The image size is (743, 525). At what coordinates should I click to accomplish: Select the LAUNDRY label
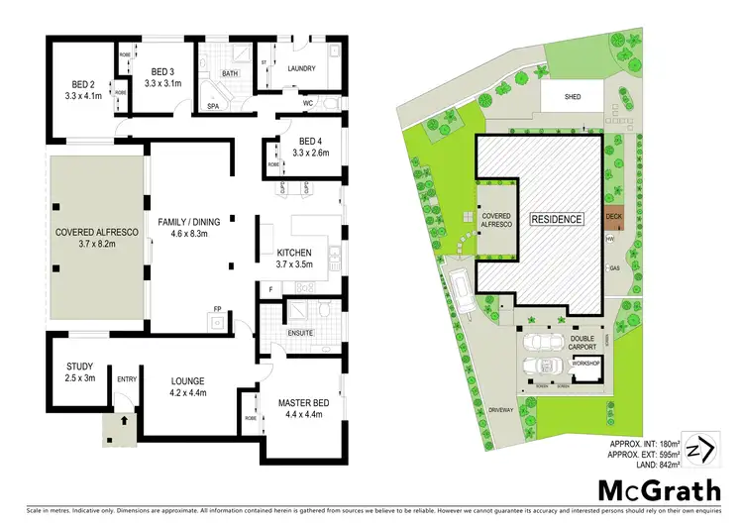300,68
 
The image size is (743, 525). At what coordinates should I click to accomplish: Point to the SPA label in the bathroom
213,104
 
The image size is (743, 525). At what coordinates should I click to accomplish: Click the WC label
307,103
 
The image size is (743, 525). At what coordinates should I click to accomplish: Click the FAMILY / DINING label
193,221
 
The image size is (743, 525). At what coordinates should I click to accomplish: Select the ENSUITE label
300,333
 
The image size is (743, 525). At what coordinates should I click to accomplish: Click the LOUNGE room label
186,379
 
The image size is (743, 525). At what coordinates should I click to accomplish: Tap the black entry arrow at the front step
124,421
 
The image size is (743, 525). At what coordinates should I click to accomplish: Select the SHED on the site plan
573,97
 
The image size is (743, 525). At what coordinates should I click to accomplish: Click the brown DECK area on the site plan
613,215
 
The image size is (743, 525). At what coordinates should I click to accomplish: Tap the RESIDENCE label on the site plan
556,219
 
